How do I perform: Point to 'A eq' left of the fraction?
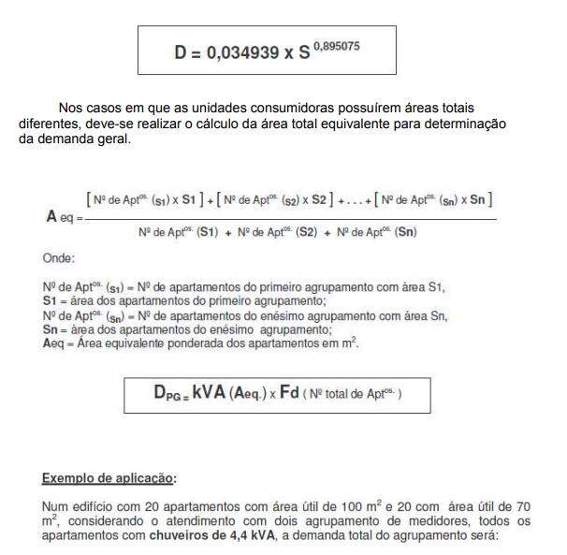[x=61, y=217]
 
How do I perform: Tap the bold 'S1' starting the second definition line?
[x=51, y=299]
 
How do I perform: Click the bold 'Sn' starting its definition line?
[x=51, y=329]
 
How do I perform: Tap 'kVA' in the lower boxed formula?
[x=210, y=394]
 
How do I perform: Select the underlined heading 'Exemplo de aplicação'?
[x=108, y=478]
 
